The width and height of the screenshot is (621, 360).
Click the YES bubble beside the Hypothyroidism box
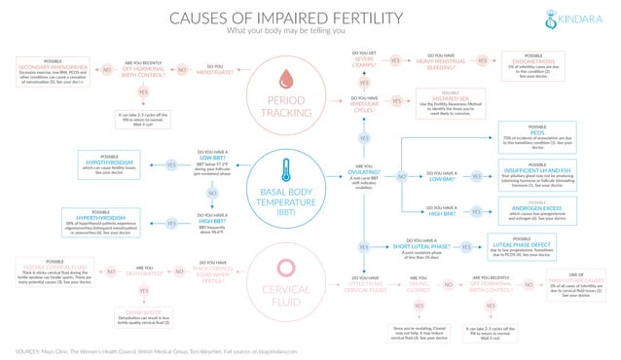pyautogui.click(x=171, y=164)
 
